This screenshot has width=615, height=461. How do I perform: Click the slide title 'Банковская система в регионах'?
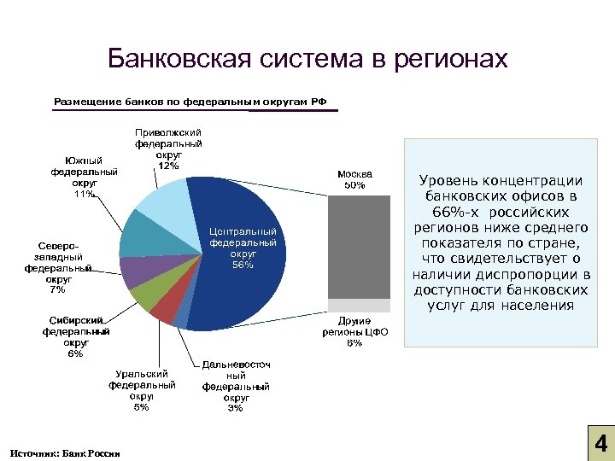pyautogui.click(x=307, y=60)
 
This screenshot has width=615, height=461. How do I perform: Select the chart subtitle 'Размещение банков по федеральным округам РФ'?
pyautogui.click(x=190, y=102)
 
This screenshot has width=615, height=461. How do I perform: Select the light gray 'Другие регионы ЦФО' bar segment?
pyautogui.click(x=354, y=306)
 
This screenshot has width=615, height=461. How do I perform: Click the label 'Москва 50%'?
pyautogui.click(x=354, y=178)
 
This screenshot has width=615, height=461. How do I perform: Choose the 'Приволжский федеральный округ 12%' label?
pyautogui.click(x=168, y=149)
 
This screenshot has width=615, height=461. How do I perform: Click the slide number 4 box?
pyautogui.click(x=600, y=445)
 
